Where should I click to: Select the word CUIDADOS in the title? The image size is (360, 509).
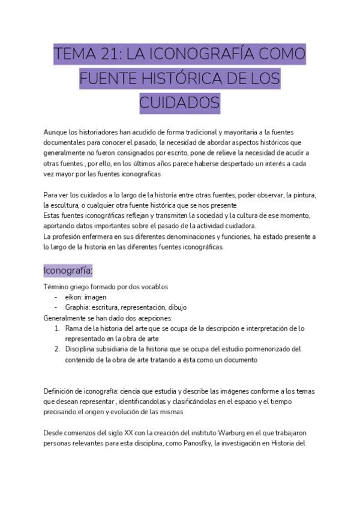coord(179,103)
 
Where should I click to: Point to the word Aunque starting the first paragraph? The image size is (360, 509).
coord(55,132)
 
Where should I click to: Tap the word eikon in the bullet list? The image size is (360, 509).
coord(74,297)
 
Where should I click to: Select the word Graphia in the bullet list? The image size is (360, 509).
coord(77,307)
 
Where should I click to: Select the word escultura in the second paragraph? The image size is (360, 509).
coord(70,205)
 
